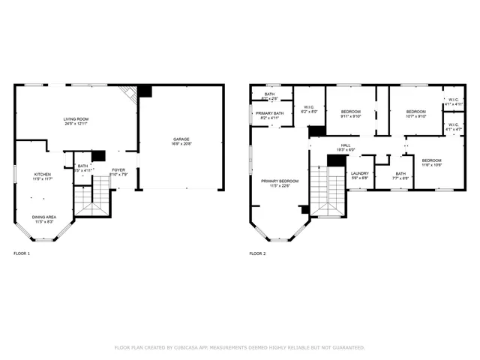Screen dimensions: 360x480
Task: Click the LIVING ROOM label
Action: tap(76, 118)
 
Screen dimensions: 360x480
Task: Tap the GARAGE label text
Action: tap(181, 139)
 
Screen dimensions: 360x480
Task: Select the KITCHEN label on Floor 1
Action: tap(42, 175)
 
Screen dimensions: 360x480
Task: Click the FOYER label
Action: tap(119, 169)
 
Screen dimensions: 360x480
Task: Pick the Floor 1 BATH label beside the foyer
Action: tap(82, 166)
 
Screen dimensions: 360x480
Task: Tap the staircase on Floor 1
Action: tap(91, 201)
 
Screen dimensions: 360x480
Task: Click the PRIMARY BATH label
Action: tap(269, 113)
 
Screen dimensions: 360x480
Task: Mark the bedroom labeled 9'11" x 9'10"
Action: tap(350, 112)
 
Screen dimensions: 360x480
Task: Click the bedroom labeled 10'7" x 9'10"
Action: tap(415, 112)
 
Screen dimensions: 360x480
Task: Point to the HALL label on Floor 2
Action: tap(346, 145)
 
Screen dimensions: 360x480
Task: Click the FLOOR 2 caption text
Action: tap(257, 253)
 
